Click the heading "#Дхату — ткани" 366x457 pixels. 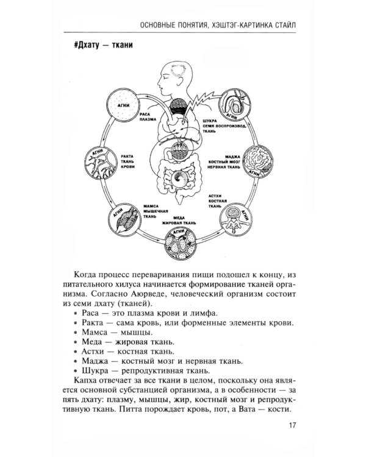click(102, 46)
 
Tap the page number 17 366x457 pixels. click(292, 426)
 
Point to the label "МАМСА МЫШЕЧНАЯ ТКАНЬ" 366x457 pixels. click(152, 210)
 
